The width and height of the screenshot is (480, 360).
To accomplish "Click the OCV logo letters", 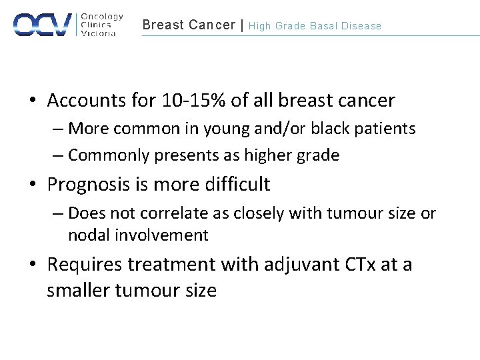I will tap(43, 24).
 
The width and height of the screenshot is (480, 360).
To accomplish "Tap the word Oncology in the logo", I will tap(102, 17).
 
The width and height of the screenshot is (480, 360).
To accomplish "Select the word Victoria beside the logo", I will tap(98, 33).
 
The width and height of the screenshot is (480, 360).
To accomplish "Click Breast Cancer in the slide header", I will tap(189, 25).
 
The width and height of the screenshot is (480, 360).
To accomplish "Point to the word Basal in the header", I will tap(323, 26).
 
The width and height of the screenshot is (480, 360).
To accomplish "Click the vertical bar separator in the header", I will tap(242, 25).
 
